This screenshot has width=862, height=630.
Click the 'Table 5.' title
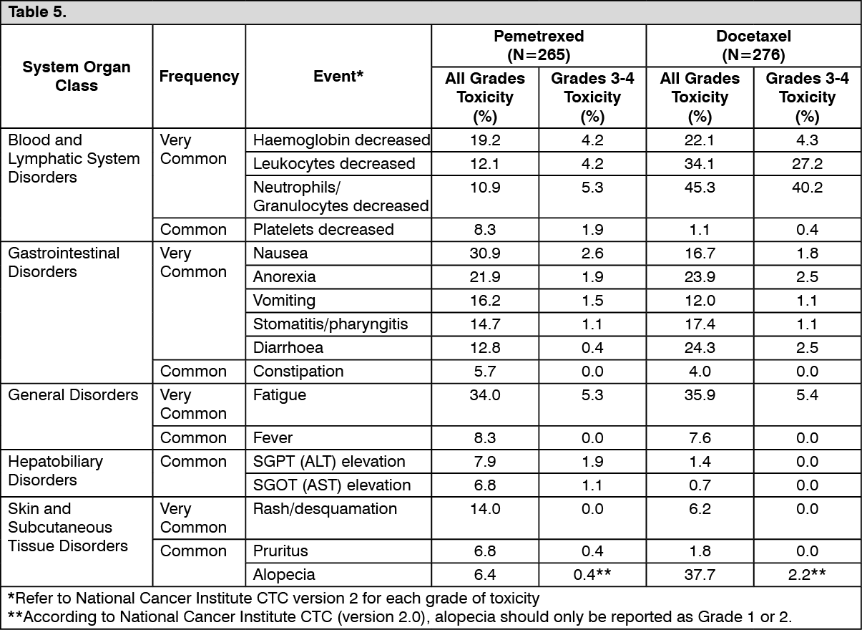[37, 12]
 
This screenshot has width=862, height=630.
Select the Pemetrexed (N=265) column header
[539, 45]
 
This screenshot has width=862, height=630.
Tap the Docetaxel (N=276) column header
[753, 45]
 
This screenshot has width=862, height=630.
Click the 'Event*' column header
[338, 77]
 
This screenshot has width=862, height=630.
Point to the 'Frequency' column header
[199, 77]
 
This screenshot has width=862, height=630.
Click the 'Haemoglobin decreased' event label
[341, 140]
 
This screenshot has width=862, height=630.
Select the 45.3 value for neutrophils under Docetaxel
[700, 187]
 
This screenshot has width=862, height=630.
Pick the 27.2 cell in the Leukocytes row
[807, 164]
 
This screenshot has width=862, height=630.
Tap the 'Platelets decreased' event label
[323, 230]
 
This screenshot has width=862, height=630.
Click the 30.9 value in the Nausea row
[485, 253]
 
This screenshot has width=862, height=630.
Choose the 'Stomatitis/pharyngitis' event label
[330, 324]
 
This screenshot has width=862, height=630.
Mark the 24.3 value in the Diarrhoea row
[700, 348]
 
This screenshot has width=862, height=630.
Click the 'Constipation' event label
[298, 372]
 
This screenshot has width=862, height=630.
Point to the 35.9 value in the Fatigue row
[700, 395]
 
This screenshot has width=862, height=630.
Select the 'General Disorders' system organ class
[73, 395]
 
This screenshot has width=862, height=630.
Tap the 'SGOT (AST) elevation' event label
[332, 485]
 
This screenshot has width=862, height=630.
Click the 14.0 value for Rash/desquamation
[485, 509]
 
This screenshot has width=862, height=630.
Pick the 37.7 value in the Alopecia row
[700, 575]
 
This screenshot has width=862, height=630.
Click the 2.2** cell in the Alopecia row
[807, 575]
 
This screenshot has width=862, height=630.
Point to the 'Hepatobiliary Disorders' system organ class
[55, 471]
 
